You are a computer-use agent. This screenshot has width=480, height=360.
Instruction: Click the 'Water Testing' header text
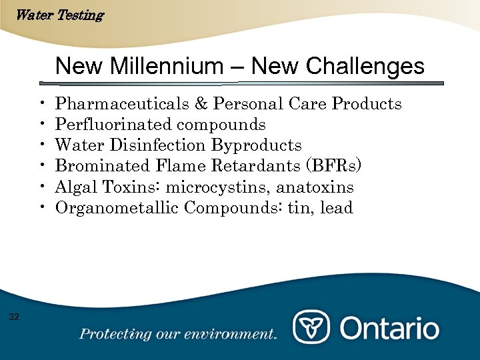tap(59, 15)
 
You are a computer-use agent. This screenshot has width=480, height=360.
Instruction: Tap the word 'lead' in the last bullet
tap(336, 208)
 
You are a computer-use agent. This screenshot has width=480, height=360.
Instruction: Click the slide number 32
tap(14, 316)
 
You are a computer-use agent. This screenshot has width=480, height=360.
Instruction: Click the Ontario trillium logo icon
tap(312, 328)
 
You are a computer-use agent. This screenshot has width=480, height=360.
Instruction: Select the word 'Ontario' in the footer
tap(389, 328)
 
